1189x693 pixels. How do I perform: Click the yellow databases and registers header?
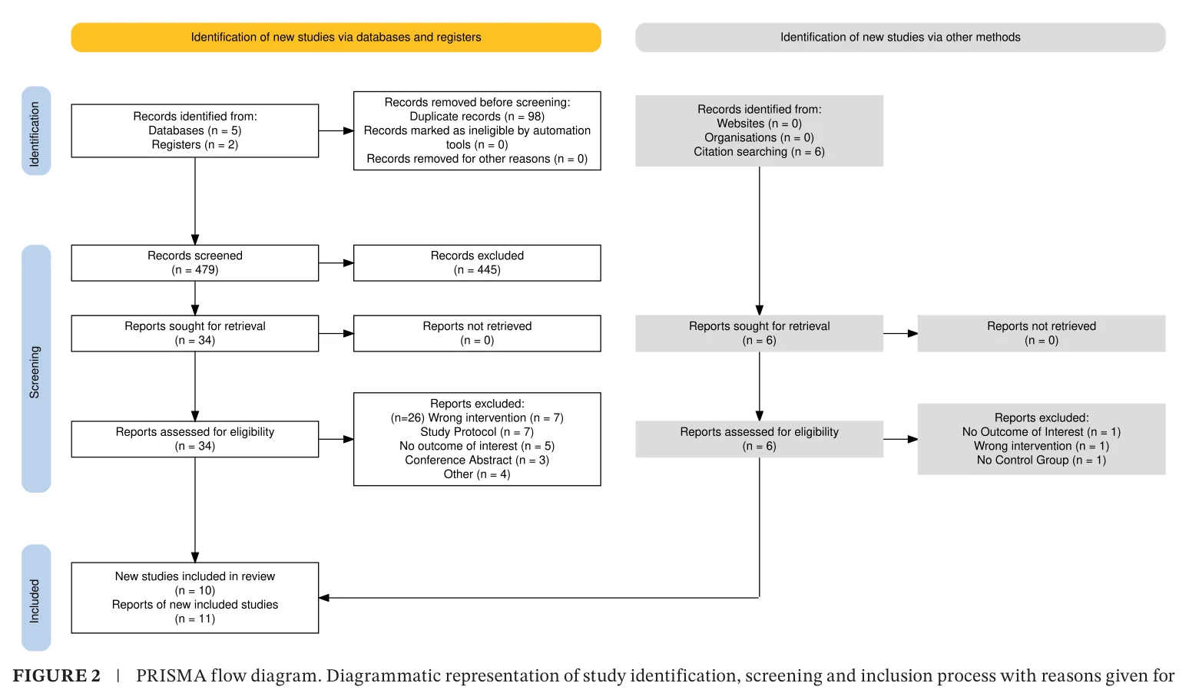[x=336, y=37]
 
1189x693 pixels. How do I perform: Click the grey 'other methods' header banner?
[x=900, y=37]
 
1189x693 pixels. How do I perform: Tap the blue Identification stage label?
[x=36, y=131]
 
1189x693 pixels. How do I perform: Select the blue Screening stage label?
[x=36, y=368]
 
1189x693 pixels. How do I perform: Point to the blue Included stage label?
[x=36, y=598]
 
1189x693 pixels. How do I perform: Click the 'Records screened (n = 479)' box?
[x=195, y=263]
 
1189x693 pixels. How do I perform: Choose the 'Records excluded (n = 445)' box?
[x=477, y=263]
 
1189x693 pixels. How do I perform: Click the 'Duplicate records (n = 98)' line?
[x=477, y=117]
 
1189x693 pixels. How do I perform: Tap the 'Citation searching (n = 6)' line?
[x=759, y=152]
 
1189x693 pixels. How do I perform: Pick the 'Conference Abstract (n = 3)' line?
[x=477, y=460]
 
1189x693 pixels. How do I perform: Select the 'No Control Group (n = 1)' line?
[x=1042, y=460]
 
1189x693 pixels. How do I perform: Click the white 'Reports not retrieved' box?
[x=477, y=334]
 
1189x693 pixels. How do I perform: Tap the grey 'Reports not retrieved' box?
[x=1042, y=334]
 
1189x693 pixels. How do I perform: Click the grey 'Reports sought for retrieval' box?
[x=759, y=334]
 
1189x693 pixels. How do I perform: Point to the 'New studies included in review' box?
[x=195, y=598]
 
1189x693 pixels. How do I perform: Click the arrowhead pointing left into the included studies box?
[x=324, y=598]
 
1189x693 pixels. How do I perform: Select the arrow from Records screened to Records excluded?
[x=336, y=263]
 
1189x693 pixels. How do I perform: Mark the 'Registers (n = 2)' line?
[x=195, y=145]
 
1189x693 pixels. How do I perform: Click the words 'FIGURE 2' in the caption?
[x=56, y=676]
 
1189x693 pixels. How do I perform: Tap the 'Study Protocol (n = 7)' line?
[x=477, y=432]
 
